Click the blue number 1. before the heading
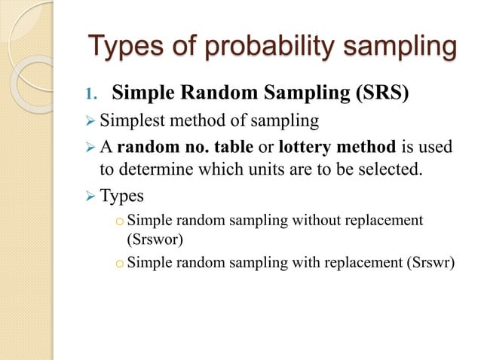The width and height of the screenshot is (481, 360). tap(91, 95)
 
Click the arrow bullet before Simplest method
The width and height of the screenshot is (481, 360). tap(89, 121)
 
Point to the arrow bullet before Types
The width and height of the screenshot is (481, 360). tap(89, 197)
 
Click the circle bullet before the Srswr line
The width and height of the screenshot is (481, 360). tap(118, 264)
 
